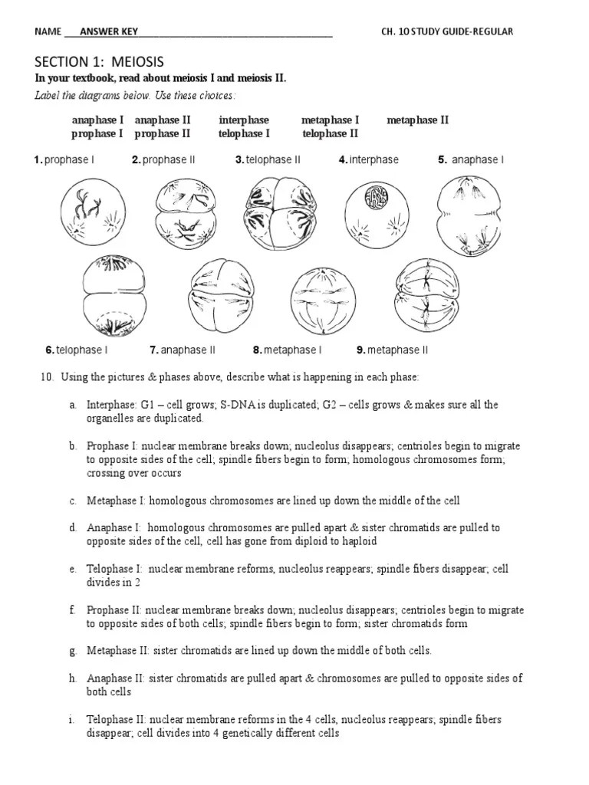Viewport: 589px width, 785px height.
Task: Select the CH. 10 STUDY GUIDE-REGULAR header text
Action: click(447, 31)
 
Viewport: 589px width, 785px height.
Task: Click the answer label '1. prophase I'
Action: click(64, 159)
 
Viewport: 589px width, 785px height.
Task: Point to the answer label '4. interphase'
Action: click(369, 159)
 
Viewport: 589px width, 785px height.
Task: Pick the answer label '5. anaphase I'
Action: click(471, 159)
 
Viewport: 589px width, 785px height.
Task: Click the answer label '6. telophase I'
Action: click(77, 350)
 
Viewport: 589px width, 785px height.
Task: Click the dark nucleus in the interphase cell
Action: click(376, 197)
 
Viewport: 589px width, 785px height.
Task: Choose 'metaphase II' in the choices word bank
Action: click(417, 120)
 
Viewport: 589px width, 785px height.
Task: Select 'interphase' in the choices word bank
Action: click(244, 120)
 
